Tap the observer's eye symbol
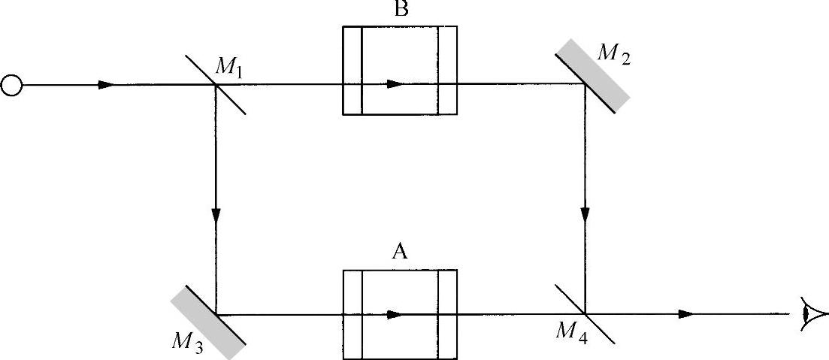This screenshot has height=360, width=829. (815, 313)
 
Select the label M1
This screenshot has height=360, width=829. (229, 66)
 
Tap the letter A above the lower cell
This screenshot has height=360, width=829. (399, 252)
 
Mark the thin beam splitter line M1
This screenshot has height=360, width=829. (216, 85)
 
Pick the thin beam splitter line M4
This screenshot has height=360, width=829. (584, 313)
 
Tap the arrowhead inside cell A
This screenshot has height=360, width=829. (395, 314)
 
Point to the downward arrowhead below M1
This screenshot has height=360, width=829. (216, 214)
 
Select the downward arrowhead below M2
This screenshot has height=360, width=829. (585, 214)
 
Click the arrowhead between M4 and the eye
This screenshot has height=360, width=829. (685, 313)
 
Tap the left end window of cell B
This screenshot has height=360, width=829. (352, 71)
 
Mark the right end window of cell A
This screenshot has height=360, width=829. (447, 313)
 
